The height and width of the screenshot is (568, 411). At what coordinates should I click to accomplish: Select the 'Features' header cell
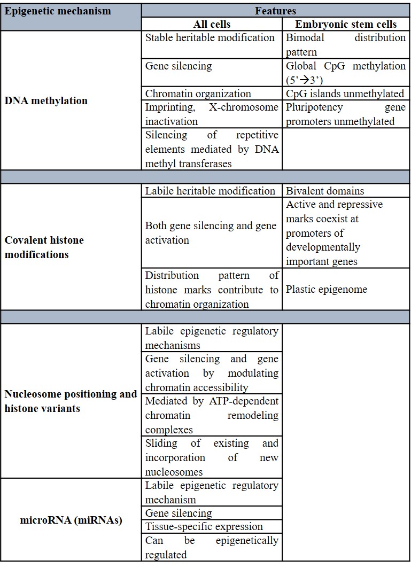[x=275, y=11]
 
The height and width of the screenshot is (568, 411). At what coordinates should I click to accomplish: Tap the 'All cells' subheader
[x=211, y=24]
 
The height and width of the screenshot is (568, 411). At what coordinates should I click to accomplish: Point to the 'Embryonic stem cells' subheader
[x=346, y=24]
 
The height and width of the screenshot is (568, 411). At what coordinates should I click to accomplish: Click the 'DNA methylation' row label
[x=46, y=100]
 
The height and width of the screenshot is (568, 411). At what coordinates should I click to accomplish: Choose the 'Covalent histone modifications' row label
[x=44, y=247]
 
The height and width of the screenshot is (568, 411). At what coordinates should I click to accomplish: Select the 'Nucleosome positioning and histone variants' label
[x=71, y=401]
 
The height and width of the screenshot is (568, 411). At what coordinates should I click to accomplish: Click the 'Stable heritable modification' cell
[x=210, y=38]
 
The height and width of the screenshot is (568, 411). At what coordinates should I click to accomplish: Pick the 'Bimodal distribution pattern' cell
[x=345, y=45]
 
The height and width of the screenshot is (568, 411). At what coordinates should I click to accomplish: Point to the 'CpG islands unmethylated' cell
[x=345, y=94]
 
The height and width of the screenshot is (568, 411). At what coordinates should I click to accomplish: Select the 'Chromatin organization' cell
[x=198, y=94]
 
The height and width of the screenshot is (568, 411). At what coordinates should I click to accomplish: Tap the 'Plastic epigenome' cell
[x=327, y=290]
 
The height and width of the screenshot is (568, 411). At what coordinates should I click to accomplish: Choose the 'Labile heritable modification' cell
[x=210, y=191]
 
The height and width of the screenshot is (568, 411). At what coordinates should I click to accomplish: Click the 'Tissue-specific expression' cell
[x=204, y=526]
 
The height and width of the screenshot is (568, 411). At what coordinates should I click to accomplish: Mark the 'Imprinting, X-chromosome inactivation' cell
[x=212, y=114]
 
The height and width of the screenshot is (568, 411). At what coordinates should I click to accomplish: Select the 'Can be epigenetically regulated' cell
[x=212, y=548]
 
